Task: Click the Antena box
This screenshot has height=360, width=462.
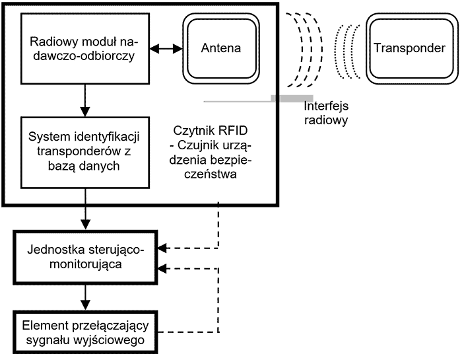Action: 221,48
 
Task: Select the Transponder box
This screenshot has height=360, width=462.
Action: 409,48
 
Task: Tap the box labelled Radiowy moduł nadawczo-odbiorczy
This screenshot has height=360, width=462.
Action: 82,48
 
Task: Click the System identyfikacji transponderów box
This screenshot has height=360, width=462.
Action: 82,152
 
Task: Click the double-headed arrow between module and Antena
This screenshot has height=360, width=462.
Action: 166,48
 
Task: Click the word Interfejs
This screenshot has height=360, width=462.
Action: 325,107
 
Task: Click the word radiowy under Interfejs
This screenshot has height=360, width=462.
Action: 326,121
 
